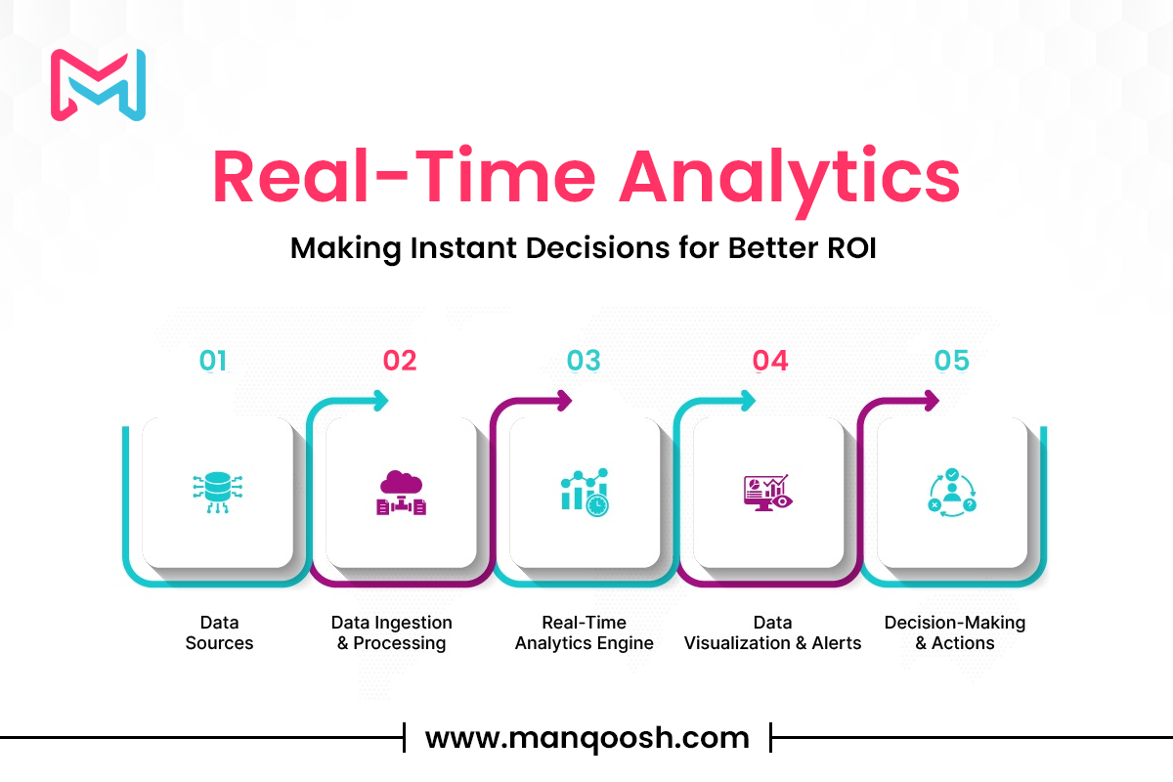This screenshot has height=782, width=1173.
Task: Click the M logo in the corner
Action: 98,85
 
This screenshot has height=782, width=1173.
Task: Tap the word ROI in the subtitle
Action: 851,247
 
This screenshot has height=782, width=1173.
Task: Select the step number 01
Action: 213,361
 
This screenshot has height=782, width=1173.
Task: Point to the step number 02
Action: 400,361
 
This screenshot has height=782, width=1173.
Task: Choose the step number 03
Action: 584,361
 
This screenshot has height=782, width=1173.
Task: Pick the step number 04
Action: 770,361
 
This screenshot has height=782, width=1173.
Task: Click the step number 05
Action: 951,361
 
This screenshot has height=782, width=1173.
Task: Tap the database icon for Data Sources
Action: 217,493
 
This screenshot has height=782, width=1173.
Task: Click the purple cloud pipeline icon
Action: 401,493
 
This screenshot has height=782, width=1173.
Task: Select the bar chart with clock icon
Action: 585,493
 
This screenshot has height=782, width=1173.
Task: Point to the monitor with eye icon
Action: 768,493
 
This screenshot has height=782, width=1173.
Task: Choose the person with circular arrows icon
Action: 952,493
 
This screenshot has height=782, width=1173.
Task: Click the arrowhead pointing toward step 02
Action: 380,401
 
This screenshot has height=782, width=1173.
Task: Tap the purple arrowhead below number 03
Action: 564,401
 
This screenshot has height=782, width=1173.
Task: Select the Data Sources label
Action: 219,632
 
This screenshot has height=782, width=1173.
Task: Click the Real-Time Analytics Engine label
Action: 584,632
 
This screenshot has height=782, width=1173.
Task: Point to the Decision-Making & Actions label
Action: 955,632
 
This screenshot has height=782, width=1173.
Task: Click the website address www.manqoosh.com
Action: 587,737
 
